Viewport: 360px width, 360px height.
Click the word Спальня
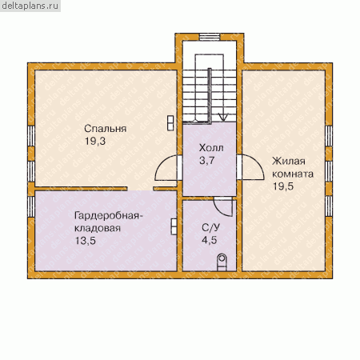click(x=106, y=129)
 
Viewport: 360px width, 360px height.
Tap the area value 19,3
click(x=95, y=141)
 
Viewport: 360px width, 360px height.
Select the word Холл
click(x=211, y=148)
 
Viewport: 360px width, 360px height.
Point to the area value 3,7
click(x=206, y=161)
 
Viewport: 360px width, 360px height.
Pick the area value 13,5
click(x=86, y=241)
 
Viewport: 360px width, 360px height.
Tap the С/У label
click(x=210, y=228)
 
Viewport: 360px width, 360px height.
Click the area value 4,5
click(x=210, y=240)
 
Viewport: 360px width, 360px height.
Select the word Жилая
click(x=289, y=162)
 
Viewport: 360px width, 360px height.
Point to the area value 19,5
click(x=283, y=186)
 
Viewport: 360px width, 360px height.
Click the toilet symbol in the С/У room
click(x=222, y=262)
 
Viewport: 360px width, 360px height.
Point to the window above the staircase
click(x=210, y=37)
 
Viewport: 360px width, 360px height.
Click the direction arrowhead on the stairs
click(x=223, y=117)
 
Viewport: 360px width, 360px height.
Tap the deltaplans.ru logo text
click(x=30, y=6)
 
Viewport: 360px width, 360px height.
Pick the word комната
click(x=293, y=174)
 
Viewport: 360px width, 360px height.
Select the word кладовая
click(x=98, y=228)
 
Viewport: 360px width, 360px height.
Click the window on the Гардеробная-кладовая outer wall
click(x=31, y=206)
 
